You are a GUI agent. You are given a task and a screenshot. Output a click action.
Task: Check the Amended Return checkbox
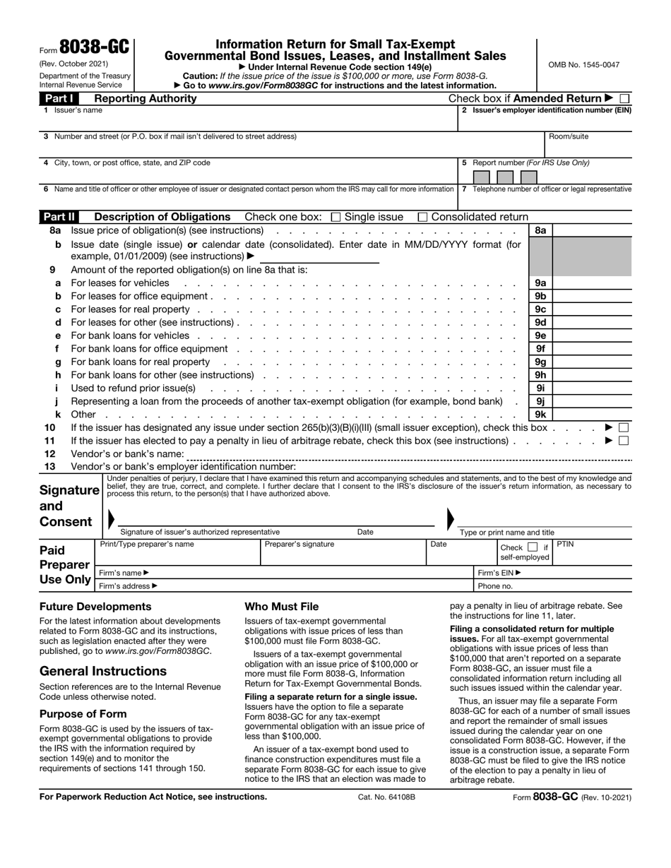(x=624, y=99)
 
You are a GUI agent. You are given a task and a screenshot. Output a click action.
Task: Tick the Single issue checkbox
(x=335, y=218)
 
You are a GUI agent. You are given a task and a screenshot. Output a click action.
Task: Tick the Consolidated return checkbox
(x=422, y=218)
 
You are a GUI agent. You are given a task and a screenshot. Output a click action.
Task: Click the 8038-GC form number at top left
(x=94, y=48)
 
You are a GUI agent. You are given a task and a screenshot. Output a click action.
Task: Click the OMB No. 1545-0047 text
(x=584, y=65)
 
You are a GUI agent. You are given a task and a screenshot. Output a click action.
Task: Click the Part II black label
(x=63, y=218)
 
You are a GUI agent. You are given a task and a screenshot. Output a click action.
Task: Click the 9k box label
(x=540, y=415)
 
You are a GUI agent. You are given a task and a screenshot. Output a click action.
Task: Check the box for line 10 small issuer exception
(x=623, y=428)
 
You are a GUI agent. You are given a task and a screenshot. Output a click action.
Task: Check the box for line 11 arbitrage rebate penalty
(x=623, y=441)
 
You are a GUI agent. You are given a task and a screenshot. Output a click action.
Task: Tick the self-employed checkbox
(x=533, y=547)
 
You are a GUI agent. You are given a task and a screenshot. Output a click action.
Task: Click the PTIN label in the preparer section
(x=566, y=545)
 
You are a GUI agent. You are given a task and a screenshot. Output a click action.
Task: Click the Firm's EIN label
(x=499, y=573)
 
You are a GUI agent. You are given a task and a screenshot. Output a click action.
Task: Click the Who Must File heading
(x=281, y=607)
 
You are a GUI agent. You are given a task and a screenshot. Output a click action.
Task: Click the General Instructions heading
(x=103, y=671)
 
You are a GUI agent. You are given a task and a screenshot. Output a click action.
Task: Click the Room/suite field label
(x=569, y=136)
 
